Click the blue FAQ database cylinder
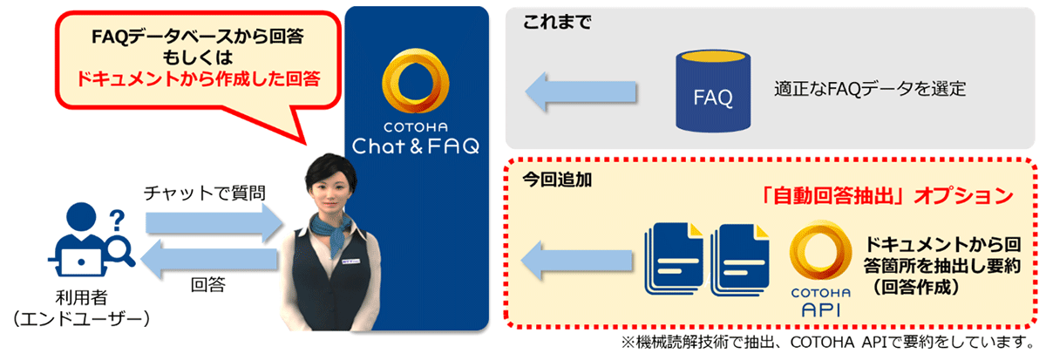713,91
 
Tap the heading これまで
557,22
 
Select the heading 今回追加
557,180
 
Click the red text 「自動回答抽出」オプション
886,196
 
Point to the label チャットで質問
205,193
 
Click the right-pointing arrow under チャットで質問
214,223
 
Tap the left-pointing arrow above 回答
208,259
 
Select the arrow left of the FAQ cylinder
581,92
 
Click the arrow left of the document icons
577,260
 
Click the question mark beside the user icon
117,221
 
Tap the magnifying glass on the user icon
120,251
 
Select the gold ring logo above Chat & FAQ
415,81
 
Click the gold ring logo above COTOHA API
820,252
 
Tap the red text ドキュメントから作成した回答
198,78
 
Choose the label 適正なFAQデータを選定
870,88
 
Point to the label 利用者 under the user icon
82,297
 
